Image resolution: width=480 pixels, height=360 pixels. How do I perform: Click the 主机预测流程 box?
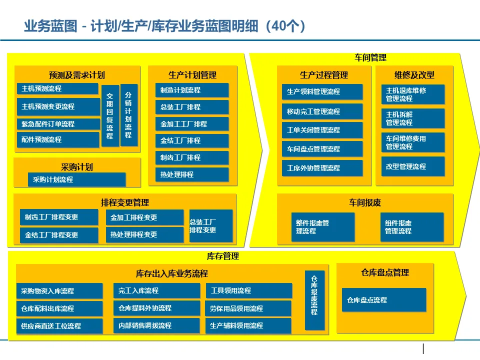click(x=57, y=89)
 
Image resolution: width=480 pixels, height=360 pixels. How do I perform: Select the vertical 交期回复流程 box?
click(x=110, y=115)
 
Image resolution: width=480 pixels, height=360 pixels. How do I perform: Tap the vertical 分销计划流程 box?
click(x=128, y=115)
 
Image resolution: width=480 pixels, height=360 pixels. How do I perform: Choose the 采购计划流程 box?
click(x=76, y=179)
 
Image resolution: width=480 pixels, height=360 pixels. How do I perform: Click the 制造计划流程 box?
click(x=191, y=90)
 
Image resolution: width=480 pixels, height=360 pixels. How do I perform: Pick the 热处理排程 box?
click(x=191, y=174)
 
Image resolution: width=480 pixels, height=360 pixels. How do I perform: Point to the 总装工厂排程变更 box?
click(x=210, y=226)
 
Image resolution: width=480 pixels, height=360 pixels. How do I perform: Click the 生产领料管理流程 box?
click(x=322, y=92)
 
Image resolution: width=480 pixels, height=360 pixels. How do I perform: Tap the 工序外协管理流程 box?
click(x=322, y=168)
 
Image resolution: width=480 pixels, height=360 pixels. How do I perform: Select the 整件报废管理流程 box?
click(x=322, y=227)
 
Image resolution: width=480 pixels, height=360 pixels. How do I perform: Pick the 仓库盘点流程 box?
click(x=383, y=300)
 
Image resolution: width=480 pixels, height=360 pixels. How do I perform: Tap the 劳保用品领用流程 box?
click(x=248, y=308)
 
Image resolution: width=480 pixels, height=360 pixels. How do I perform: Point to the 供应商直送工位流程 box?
click(x=59, y=326)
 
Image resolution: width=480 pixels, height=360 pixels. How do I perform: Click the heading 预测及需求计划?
click(x=77, y=75)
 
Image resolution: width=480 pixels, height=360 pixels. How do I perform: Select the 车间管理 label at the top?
click(x=370, y=57)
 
